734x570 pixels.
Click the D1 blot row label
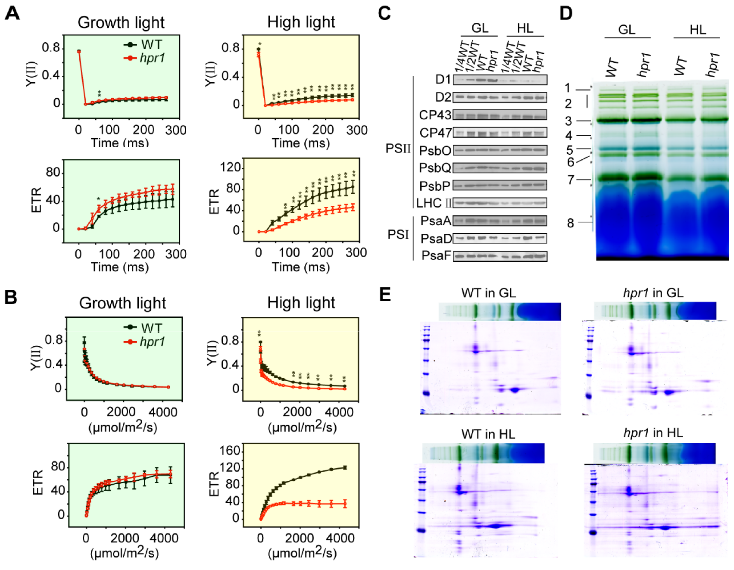click(443, 80)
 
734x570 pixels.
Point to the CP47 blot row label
click(436, 133)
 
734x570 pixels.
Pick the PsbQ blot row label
click(435, 168)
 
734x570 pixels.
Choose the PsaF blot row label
click(436, 256)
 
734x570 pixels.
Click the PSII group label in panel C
click(398, 149)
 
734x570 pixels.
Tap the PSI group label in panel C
click(398, 234)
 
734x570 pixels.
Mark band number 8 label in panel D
click(570, 223)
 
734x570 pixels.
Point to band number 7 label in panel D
click(571, 180)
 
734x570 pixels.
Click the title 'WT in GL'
click(488, 293)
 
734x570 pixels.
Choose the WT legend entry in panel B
click(151, 328)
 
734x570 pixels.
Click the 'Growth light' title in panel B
click(122, 303)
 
